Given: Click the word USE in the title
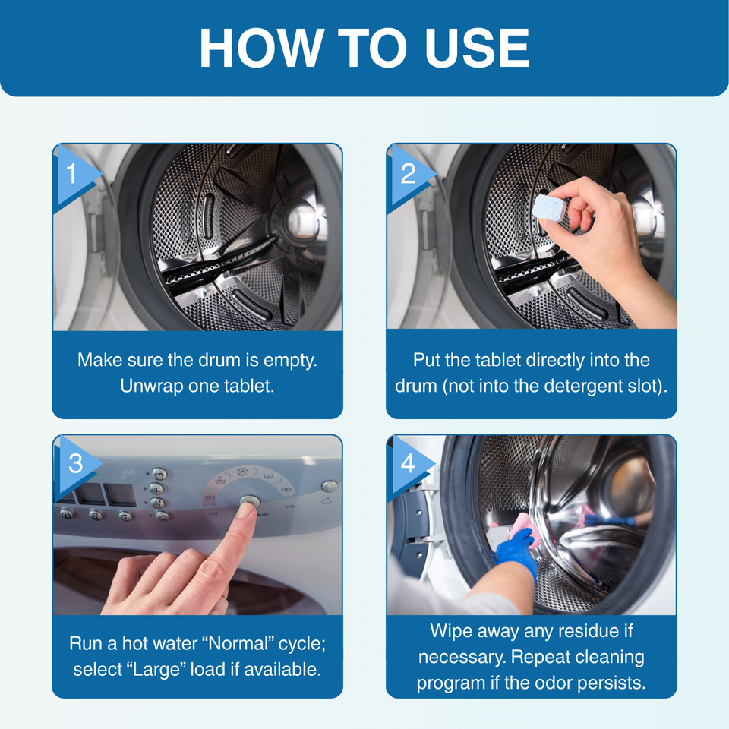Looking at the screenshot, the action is (x=478, y=48).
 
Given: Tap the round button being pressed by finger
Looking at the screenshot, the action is (x=250, y=502).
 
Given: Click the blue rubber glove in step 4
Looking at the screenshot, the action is (x=516, y=554).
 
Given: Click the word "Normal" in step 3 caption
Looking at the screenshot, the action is (x=238, y=643).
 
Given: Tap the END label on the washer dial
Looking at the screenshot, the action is (x=286, y=489).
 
